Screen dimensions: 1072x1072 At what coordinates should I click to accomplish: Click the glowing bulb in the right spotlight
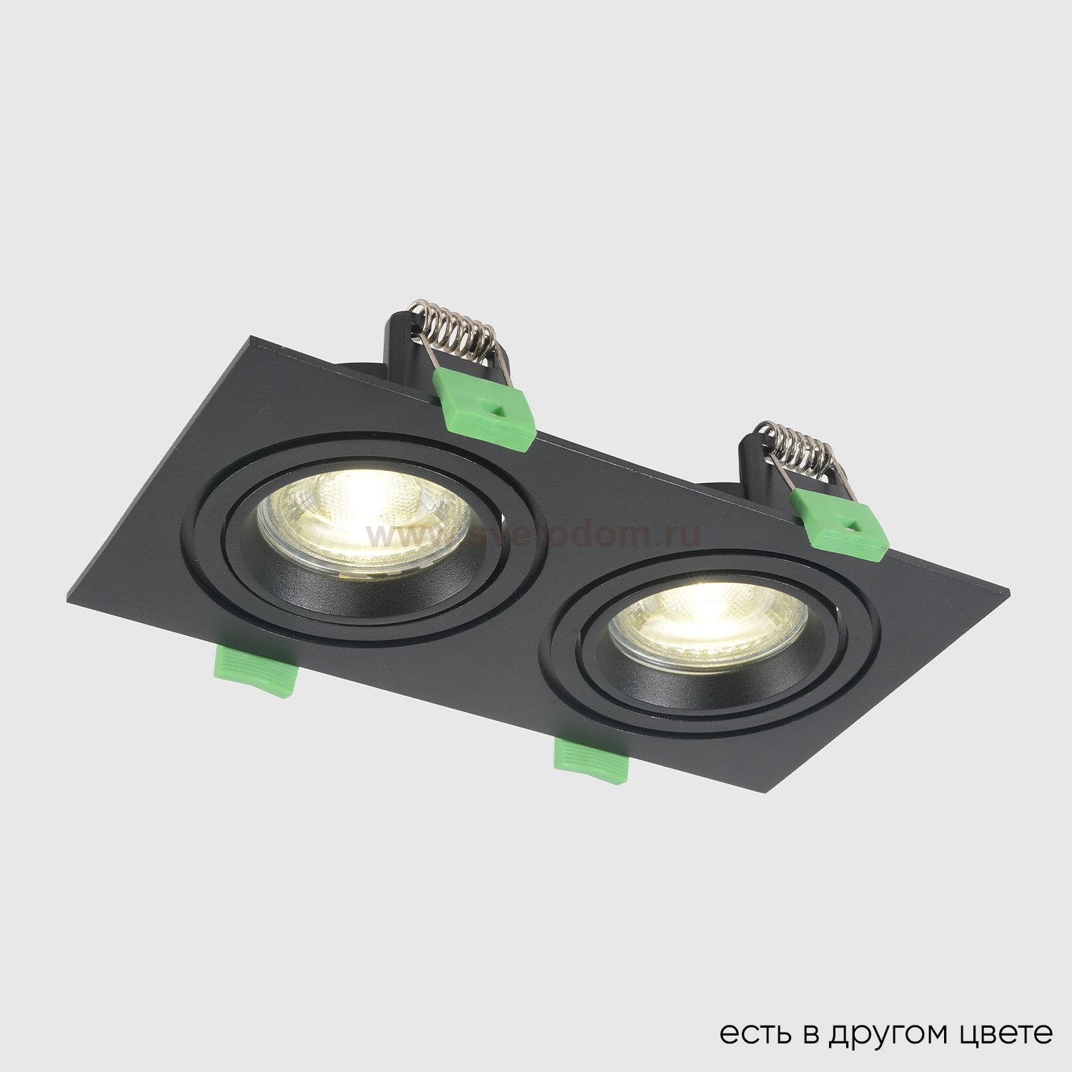click(708, 618)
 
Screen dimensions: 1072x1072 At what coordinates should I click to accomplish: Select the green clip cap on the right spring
click(840, 529)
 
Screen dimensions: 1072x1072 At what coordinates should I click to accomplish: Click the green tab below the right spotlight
click(591, 760)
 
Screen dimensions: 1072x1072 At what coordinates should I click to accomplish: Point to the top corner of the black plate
click(250, 336)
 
